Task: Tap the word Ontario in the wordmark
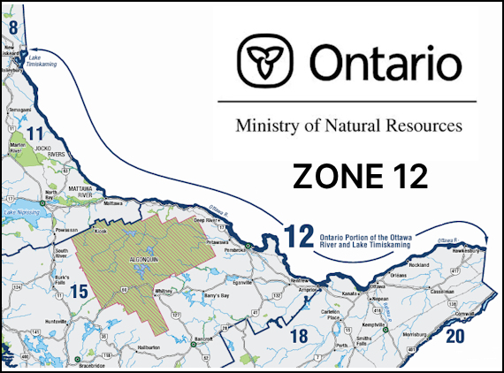coord(385,64)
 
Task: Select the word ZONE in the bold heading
coord(326,176)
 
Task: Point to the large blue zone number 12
coord(299,236)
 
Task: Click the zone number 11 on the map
coord(35,134)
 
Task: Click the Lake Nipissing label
coord(19,213)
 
